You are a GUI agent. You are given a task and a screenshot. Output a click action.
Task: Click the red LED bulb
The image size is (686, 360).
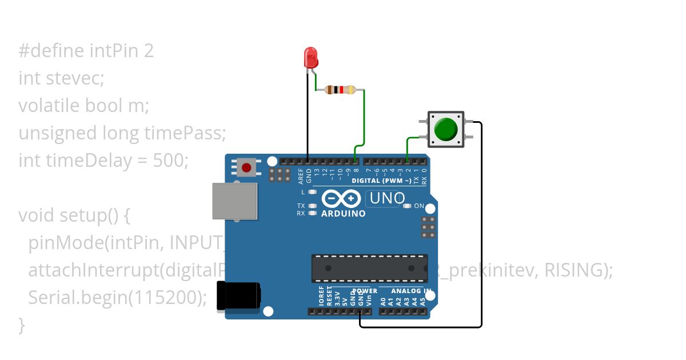tap(310, 58)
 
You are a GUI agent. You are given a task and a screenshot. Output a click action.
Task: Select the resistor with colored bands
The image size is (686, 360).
tap(340, 90)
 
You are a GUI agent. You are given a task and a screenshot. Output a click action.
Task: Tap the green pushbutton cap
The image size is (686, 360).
tap(446, 129)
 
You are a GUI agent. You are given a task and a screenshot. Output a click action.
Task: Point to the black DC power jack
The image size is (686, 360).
tap(238, 297)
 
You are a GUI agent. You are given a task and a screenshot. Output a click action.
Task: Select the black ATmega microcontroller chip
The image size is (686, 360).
tap(369, 268)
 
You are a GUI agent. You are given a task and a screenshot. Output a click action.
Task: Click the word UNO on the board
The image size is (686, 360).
tap(388, 199)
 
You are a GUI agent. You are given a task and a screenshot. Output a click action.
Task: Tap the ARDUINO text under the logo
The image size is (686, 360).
tap(344, 214)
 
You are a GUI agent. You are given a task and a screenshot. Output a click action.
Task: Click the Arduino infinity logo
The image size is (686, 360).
tap(341, 199)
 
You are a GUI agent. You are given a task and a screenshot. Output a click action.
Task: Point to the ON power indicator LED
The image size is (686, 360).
tap(406, 206)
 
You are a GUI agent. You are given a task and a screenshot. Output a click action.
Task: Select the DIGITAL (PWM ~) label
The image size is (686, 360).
tap(381, 181)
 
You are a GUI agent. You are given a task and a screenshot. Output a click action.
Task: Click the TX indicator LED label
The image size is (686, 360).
tap(301, 206)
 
